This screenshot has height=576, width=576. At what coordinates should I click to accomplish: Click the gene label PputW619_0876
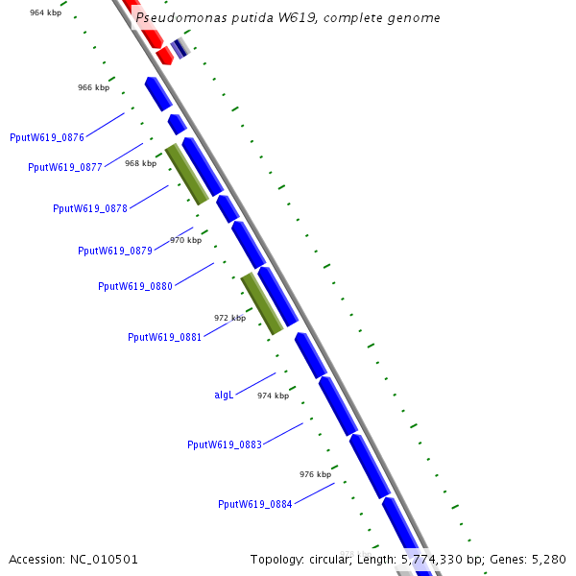pyautogui.click(x=47, y=137)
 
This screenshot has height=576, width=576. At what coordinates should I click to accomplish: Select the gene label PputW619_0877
pyautogui.click(x=65, y=167)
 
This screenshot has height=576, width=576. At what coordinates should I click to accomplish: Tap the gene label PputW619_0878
pyautogui.click(x=90, y=208)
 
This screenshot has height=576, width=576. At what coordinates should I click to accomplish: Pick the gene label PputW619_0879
pyautogui.click(x=115, y=251)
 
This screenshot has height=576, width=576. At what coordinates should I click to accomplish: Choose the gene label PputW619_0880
pyautogui.click(x=135, y=286)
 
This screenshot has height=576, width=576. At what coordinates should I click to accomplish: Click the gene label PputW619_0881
pyautogui.click(x=165, y=337)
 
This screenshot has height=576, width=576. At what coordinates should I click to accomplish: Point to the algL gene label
pyautogui.click(x=224, y=395)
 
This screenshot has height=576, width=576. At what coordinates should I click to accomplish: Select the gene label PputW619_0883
pyautogui.click(x=225, y=444)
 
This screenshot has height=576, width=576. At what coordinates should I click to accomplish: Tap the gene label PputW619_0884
pyautogui.click(x=255, y=504)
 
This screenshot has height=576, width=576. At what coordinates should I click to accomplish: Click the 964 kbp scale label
pyautogui.click(x=46, y=12)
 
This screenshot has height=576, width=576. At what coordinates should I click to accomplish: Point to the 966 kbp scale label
pyautogui.click(x=93, y=87)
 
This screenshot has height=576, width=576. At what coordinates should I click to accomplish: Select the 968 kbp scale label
pyautogui.click(x=140, y=163)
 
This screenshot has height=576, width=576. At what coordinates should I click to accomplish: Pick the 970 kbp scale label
pyautogui.click(x=186, y=240)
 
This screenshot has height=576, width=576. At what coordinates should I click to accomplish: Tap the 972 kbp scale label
pyautogui.click(x=229, y=317)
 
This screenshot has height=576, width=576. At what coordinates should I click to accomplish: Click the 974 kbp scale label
pyautogui.click(x=273, y=396)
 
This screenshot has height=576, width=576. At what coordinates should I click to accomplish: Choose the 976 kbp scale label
pyautogui.click(x=315, y=474)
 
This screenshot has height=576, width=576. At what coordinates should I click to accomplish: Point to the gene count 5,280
pyautogui.click(x=548, y=559)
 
